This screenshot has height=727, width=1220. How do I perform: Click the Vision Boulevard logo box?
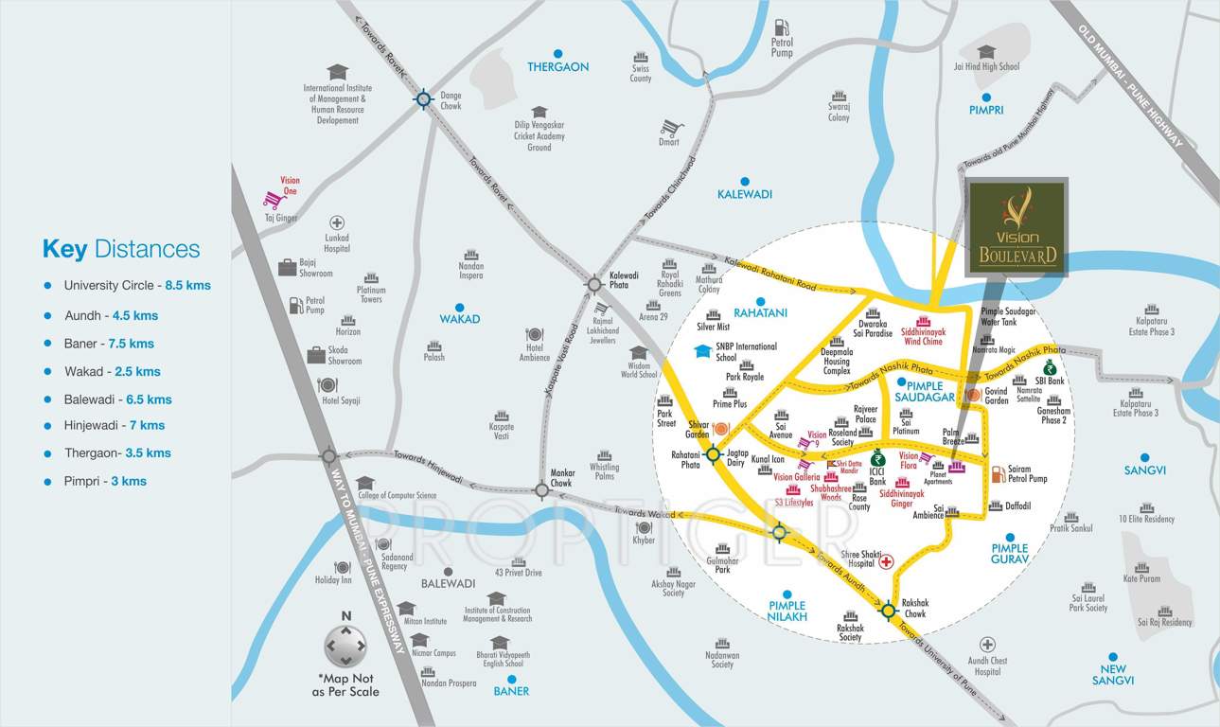[1017, 228]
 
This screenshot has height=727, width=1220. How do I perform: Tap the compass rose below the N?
[345, 647]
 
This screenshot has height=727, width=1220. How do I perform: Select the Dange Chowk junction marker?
[423, 98]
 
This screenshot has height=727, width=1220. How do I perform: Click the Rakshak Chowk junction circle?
[888, 611]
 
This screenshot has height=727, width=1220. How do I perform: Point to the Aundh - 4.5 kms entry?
[111, 315]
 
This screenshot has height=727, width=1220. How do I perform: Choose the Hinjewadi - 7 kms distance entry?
[115, 425]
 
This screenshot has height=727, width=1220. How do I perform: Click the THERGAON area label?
[558, 66]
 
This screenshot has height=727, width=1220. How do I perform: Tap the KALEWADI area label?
[745, 193]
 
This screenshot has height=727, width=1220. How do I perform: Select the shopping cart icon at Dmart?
[671, 127]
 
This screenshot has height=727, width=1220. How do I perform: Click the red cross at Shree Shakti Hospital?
[887, 561]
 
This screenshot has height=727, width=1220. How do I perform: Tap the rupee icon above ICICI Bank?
[877, 459]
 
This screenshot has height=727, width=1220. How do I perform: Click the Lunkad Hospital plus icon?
[336, 222]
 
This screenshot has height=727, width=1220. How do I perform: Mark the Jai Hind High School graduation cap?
[986, 52]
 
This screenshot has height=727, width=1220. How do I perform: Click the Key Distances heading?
[121, 249]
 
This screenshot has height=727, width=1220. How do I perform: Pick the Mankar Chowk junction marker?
[541, 489]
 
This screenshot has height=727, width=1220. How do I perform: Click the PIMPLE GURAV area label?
[1009, 554]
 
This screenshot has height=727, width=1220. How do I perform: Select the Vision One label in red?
[289, 185]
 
